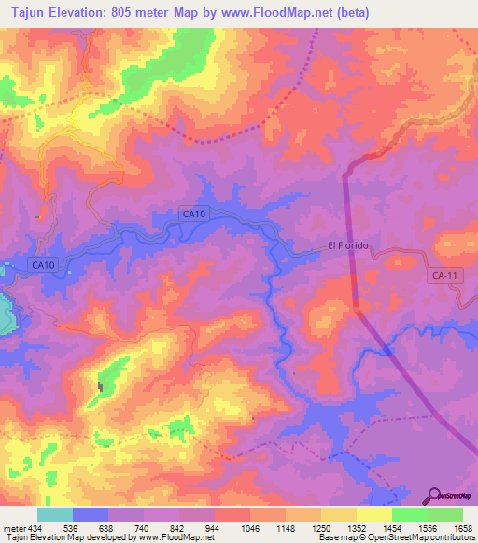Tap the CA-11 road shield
(x=444, y=275)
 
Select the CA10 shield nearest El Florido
(x=193, y=215)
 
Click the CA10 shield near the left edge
(x=43, y=265)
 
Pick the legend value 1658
(x=464, y=529)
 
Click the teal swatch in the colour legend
(x=55, y=514)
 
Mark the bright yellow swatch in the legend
(x=374, y=514)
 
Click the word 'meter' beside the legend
(x=12, y=529)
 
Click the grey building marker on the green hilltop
(x=100, y=385)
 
